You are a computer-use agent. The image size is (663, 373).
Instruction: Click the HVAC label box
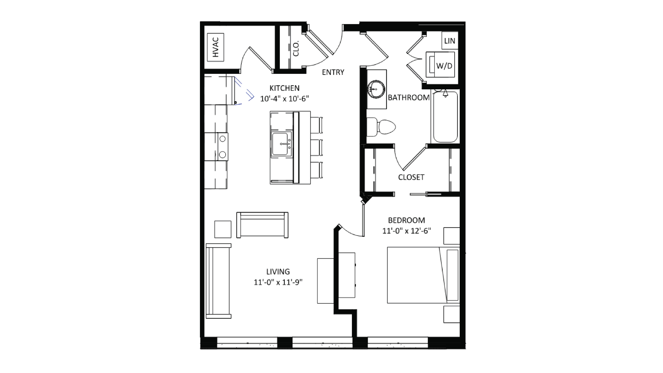[x=215, y=47]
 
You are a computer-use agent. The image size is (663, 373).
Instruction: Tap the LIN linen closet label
[x=449, y=41]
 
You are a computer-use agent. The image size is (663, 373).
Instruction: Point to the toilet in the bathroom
[x=381, y=127]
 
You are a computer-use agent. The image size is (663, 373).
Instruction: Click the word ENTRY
[x=333, y=72]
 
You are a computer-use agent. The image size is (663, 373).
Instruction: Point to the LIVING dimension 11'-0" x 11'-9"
[x=278, y=282]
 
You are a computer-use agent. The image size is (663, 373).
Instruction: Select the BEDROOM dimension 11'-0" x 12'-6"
[x=406, y=231]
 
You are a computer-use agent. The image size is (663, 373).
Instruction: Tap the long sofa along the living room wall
[x=218, y=281]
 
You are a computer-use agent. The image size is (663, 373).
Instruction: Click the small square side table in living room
[x=223, y=229]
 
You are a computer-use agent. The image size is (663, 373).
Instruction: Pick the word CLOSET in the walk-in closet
[x=411, y=177]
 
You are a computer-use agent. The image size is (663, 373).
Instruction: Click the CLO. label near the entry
[x=296, y=48]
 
